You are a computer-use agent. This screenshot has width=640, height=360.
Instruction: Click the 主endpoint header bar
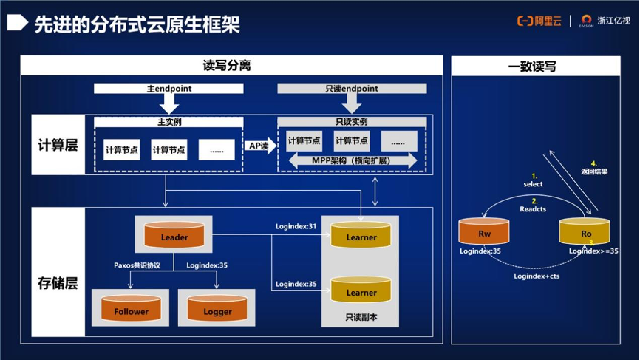click(x=168, y=89)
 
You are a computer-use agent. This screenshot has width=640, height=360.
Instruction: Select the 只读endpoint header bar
click(x=352, y=89)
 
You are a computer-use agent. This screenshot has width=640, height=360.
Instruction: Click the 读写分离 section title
click(x=227, y=66)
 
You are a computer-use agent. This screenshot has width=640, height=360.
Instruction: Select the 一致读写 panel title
click(x=532, y=67)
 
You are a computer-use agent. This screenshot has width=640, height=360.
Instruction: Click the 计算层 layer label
click(x=58, y=145)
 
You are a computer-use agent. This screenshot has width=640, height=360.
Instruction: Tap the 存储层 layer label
click(x=58, y=282)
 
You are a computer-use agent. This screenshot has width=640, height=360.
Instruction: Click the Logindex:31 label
click(x=296, y=226)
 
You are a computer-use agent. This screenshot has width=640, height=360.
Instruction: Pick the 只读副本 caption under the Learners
click(x=361, y=317)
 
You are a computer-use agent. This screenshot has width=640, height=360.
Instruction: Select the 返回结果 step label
click(x=594, y=171)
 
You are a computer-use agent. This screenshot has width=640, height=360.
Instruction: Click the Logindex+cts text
click(x=536, y=276)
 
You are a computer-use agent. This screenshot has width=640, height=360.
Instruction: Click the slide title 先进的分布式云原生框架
click(x=137, y=24)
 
